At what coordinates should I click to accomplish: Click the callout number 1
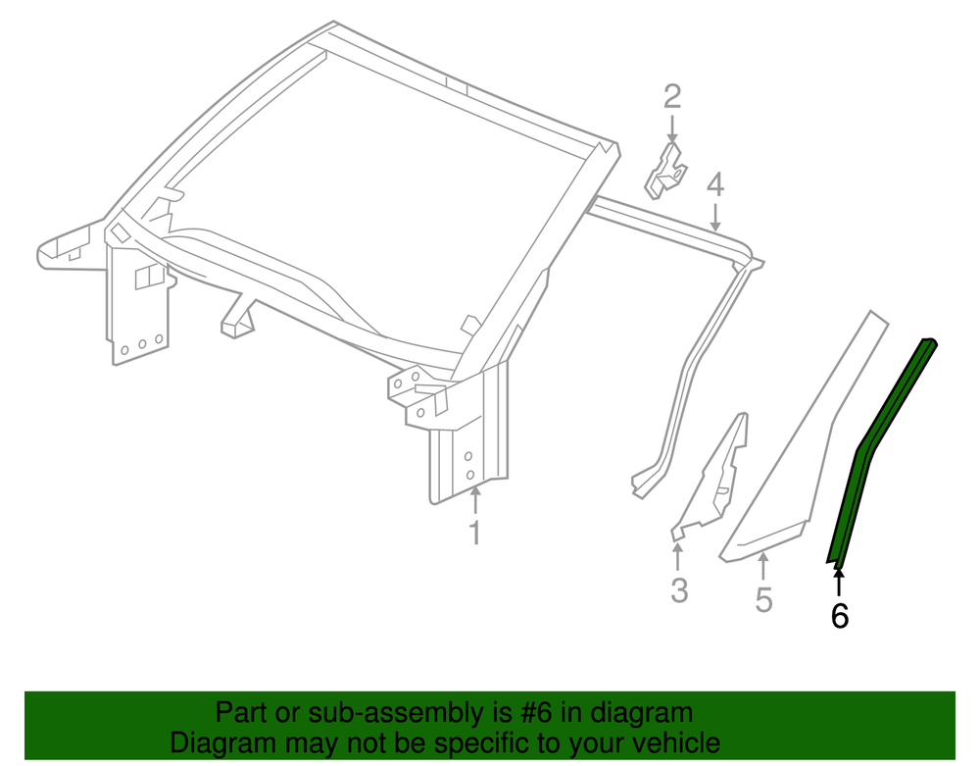(x=475, y=533)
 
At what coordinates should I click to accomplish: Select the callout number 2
(x=672, y=96)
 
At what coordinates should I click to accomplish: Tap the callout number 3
(x=679, y=589)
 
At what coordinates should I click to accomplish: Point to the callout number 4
(x=715, y=185)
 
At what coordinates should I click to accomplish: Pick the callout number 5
(x=763, y=599)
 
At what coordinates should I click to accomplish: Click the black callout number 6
(x=840, y=616)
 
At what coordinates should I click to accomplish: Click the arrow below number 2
(x=672, y=128)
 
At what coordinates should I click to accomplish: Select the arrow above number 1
(x=475, y=500)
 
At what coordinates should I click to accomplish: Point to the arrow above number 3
(x=677, y=557)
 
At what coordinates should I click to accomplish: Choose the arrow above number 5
(x=762, y=566)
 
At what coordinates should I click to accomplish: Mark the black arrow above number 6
(x=839, y=582)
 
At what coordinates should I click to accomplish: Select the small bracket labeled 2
(x=665, y=172)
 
